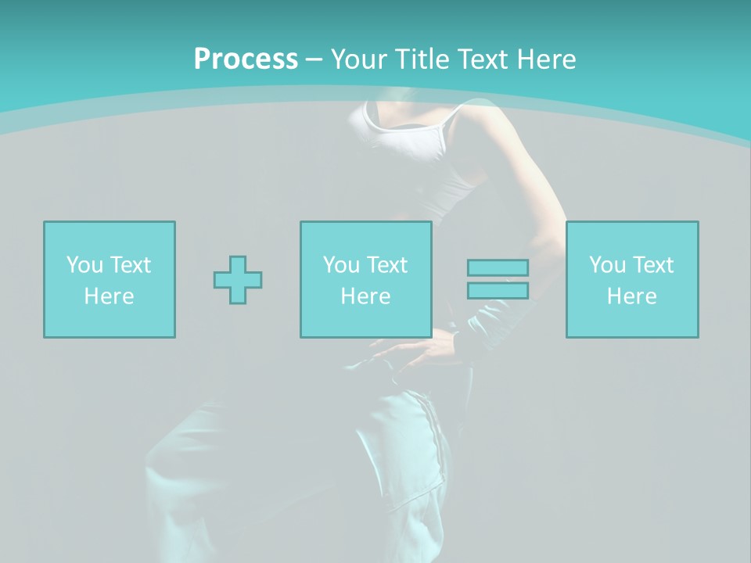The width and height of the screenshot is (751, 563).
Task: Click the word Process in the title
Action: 246,59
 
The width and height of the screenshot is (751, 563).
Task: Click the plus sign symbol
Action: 238,280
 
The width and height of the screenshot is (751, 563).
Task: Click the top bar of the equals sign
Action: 498,267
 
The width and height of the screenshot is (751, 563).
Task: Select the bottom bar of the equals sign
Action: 498,291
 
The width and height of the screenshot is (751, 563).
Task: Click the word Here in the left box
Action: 109,296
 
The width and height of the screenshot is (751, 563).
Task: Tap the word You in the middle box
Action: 341,265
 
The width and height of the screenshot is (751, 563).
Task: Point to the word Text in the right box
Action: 652,265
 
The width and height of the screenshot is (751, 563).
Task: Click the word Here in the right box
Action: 631,296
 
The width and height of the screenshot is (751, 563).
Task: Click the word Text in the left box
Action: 130,265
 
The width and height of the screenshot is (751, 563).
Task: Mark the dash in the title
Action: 314,59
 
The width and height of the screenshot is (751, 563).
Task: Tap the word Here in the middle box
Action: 365,296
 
